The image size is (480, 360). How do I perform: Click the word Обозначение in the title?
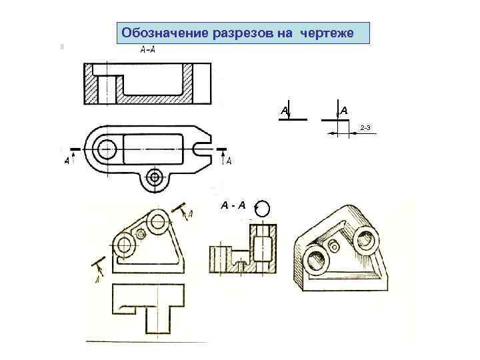click(x=165, y=33)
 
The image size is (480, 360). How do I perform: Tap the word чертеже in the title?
click(x=327, y=33)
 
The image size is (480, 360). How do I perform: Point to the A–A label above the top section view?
click(x=147, y=49)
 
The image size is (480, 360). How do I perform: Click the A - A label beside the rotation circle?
click(x=233, y=205)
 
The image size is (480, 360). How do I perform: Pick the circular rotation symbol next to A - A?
click(x=263, y=209)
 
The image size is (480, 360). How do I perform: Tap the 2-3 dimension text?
click(x=365, y=127)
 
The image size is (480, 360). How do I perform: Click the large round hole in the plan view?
click(x=107, y=149)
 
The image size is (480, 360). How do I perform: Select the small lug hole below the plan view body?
click(x=154, y=177)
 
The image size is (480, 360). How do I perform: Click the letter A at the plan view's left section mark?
click(x=67, y=160)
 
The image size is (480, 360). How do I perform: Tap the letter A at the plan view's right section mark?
click(x=229, y=161)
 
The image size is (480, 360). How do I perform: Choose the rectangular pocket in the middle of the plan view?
click(x=153, y=149)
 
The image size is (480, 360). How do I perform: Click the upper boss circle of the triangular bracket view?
click(x=158, y=221)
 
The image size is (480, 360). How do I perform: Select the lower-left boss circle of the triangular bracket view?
click(x=124, y=245)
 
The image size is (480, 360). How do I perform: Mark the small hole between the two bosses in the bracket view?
click(x=141, y=235)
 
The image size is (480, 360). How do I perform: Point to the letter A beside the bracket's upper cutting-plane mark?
click(x=190, y=214)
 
